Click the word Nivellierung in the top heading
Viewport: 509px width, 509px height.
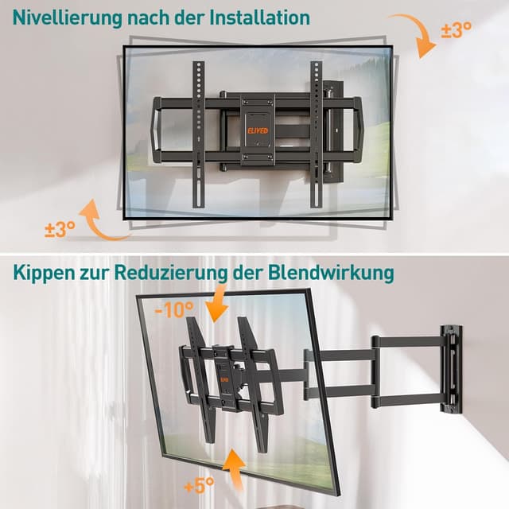pyautogui.click(x=61, y=17)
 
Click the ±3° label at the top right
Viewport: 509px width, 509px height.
pyautogui.click(x=456, y=30)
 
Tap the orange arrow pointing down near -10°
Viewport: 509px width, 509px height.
pyautogui.click(x=216, y=307)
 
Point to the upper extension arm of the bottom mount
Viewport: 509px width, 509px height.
pyautogui.click(x=374, y=344)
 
